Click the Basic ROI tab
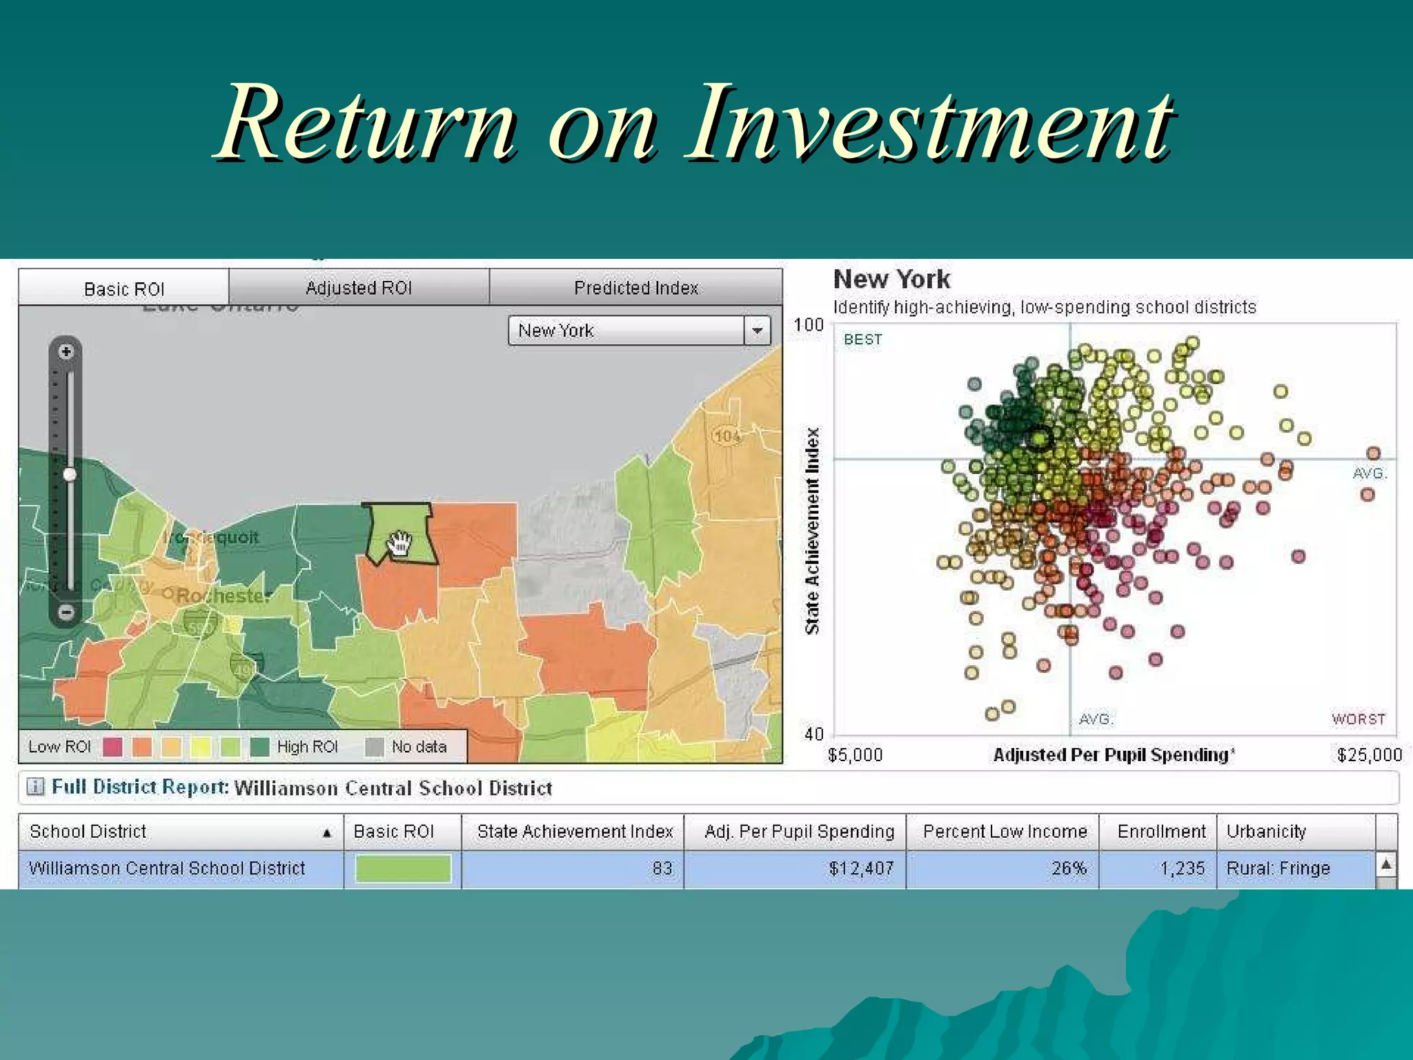coord(124,288)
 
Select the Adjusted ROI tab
coord(359,288)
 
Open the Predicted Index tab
coord(636,288)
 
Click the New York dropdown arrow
coord(757,331)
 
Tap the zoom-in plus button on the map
coord(66,352)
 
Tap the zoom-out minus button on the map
coord(66,611)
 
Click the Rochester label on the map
coord(222,596)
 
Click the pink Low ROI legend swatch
coord(112,747)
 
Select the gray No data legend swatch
coord(374,747)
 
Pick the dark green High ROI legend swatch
coord(259,747)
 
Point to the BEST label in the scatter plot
coord(862,340)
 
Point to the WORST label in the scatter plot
coord(1358,719)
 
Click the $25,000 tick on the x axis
coord(1369,755)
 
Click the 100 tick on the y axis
coord(809,325)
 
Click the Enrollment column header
coord(1161,832)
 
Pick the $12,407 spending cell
coord(861,868)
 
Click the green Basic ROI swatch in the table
coord(403,868)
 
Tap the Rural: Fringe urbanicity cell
coord(1278,868)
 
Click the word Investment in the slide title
coord(928,124)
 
